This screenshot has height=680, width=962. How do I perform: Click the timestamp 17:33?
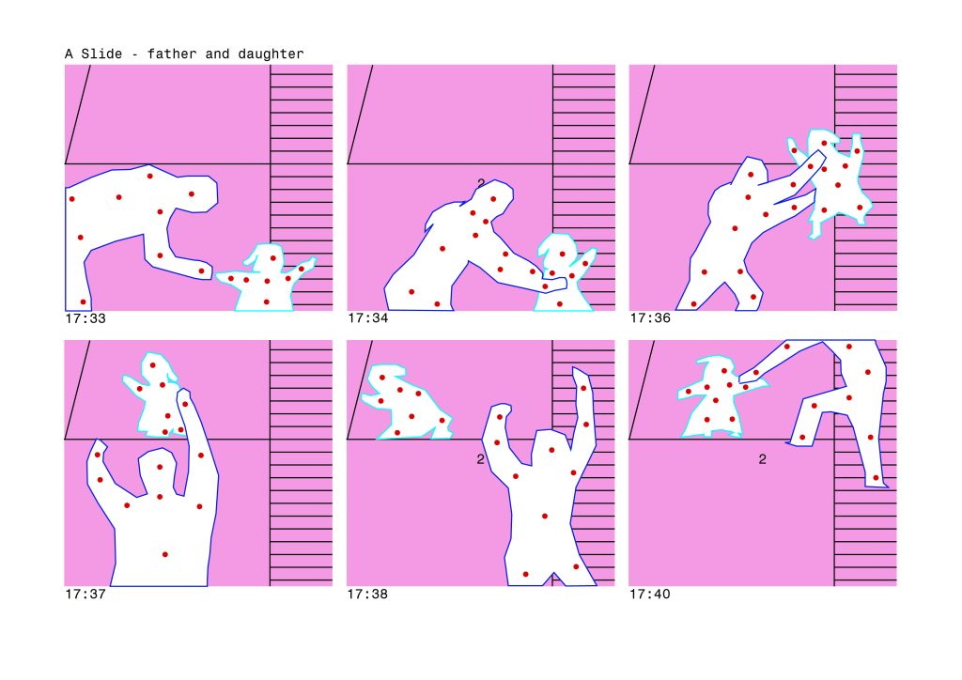(85, 318)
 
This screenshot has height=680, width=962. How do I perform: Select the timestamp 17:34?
(367, 318)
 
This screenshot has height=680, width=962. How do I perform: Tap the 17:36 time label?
(650, 318)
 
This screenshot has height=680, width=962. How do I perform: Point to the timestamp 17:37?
(85, 594)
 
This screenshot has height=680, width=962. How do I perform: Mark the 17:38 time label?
(367, 594)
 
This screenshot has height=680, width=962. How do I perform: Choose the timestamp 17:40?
(650, 594)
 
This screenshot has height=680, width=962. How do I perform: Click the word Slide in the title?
(101, 54)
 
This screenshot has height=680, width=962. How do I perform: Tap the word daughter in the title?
(271, 54)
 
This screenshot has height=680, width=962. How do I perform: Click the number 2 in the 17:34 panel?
(481, 183)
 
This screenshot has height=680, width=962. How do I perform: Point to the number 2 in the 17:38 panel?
(480, 458)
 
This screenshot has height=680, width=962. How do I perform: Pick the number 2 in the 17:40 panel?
(762, 458)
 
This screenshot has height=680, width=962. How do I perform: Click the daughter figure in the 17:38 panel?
(405, 405)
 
